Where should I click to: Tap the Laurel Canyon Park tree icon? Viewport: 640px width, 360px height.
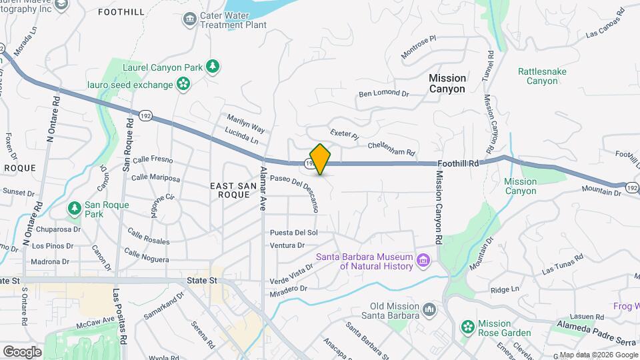point(213,66)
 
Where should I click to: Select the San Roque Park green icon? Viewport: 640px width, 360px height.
point(75,209)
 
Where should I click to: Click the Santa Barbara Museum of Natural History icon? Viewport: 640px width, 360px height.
point(422,259)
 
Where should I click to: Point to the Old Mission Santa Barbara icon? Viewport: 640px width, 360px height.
point(429,309)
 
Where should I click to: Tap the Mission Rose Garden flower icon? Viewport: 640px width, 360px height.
point(468,327)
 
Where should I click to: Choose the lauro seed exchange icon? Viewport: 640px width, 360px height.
point(183,84)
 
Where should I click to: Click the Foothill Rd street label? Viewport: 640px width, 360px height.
point(459,163)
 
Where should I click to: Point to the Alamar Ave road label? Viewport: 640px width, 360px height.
point(263,189)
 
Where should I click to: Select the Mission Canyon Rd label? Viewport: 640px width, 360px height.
point(439,207)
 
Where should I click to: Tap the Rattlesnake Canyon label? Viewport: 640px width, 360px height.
point(542,76)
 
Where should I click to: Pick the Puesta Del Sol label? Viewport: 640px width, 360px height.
point(293,233)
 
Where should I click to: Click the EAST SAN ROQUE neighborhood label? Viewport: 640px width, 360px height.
point(229,189)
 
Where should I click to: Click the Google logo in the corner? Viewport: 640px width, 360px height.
point(22,351)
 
